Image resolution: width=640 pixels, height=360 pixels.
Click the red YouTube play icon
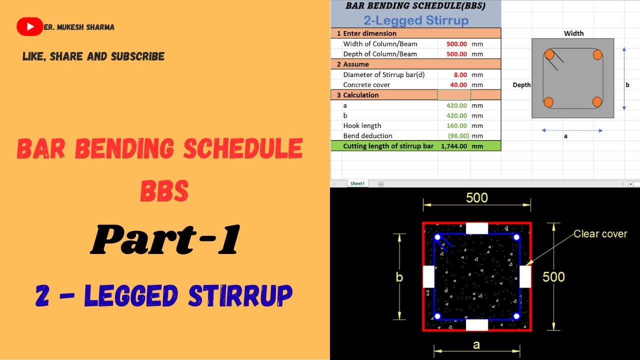click(29, 27)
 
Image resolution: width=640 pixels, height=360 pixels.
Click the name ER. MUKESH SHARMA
click(79, 27)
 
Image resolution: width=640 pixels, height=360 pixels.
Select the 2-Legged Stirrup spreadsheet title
click(415, 20)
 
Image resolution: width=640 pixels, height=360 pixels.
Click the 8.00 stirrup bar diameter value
click(459, 74)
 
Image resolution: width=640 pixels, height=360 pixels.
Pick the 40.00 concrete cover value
click(458, 85)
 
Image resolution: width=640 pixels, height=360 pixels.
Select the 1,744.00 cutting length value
click(453, 146)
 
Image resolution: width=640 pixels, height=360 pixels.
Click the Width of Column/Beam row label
click(380, 44)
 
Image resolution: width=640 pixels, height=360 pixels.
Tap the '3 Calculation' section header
click(357, 95)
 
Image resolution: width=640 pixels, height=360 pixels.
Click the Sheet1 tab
click(357, 184)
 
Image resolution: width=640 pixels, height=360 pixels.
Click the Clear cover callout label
click(600, 234)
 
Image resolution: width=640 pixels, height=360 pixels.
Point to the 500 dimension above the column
click(476, 198)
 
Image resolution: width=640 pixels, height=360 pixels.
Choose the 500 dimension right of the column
click(553, 277)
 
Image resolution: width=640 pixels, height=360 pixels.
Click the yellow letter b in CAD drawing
click(399, 277)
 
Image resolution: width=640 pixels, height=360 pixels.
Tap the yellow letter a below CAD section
click(476, 344)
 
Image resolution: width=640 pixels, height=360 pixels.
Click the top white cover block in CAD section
click(476, 228)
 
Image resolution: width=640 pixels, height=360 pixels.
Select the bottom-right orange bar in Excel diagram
click(597, 102)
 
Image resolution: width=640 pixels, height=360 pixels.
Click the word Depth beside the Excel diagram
click(521, 85)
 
